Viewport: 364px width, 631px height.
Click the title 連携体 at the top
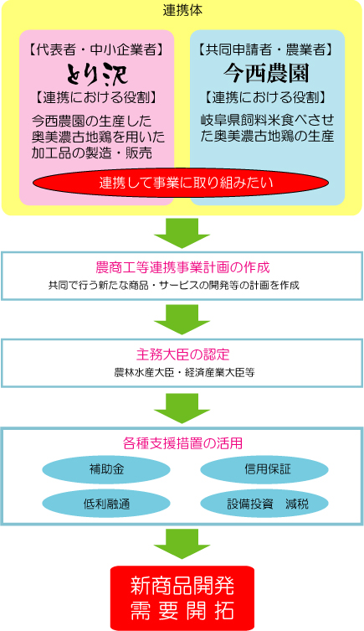point(182,11)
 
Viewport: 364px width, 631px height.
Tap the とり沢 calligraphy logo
point(97,74)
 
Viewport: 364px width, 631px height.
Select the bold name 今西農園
point(266,74)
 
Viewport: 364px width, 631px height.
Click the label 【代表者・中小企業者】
point(96,50)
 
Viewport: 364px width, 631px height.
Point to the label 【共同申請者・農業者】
point(266,50)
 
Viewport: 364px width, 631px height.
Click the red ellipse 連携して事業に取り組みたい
point(181,183)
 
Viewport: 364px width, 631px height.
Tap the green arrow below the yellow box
point(182,233)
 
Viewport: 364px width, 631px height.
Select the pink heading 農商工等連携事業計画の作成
point(182,267)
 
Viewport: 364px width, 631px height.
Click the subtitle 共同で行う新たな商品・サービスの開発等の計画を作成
point(173,285)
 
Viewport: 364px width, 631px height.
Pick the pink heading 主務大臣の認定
point(182,354)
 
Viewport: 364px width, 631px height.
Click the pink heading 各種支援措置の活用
point(182,443)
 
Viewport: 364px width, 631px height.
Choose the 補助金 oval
point(106,469)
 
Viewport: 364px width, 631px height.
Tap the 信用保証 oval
point(264,469)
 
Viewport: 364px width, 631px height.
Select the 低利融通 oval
point(106,504)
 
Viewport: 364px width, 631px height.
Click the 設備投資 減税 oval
point(264,504)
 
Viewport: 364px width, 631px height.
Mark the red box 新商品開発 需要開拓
point(182,598)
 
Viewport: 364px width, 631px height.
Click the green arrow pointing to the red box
point(182,544)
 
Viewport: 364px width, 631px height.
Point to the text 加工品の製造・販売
point(91,153)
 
